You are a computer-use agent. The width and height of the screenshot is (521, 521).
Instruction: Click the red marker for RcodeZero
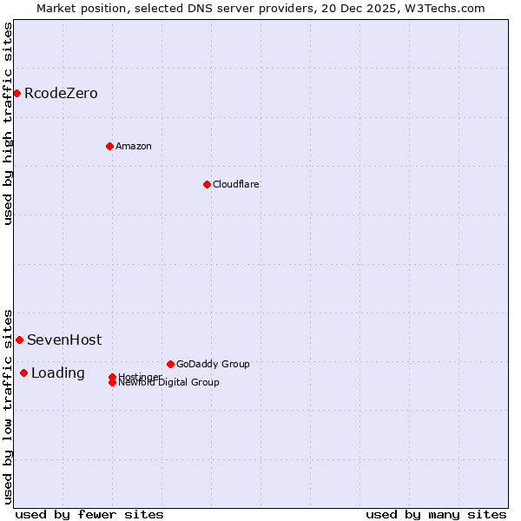coord(16,93)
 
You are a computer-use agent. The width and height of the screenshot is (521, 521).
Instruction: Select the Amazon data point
coord(109,146)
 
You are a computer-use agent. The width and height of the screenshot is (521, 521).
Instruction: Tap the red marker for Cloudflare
coord(207,184)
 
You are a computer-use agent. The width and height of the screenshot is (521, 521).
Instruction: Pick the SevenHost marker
coord(19,340)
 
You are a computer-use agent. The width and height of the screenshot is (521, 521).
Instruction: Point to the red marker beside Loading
coord(23,373)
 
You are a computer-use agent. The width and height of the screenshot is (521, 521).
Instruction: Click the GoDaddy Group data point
coord(170,364)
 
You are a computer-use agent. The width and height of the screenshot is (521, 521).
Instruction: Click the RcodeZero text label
coord(61,93)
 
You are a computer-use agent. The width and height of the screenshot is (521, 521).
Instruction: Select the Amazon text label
coord(134,146)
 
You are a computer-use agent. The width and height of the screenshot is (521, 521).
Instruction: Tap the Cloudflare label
coord(236,184)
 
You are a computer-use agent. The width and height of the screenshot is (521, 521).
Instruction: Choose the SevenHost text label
coord(64,340)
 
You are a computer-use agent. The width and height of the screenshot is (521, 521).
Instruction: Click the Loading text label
coord(58,373)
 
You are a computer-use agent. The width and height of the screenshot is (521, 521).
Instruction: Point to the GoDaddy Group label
coord(213,364)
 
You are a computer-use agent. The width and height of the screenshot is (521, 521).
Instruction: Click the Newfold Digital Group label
coord(168,383)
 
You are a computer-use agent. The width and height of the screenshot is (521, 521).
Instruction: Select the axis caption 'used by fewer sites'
coord(89,514)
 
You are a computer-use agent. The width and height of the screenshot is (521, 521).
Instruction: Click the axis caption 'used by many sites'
coord(436,514)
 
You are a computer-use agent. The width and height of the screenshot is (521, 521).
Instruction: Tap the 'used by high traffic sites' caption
coord(9,123)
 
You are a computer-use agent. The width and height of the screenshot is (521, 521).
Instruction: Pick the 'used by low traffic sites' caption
coord(9,406)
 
